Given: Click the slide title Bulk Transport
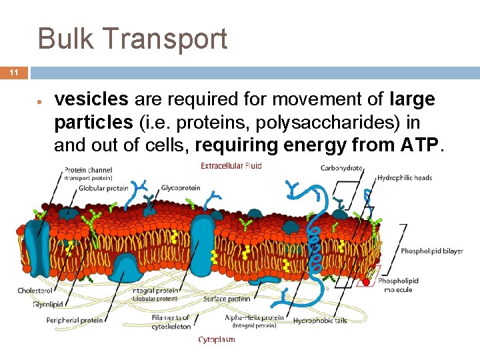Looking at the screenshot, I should click(133, 39).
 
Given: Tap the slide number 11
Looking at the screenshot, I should click(14, 73).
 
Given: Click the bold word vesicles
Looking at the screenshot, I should click(91, 100).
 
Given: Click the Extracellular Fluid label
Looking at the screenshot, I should click(231, 165).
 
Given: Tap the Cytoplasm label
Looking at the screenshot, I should click(217, 339).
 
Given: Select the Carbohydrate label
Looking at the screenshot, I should click(341, 168).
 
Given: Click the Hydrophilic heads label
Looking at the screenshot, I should click(405, 178).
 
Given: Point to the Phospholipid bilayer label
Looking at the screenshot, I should click(432, 251).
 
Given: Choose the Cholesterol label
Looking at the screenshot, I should click(34, 291).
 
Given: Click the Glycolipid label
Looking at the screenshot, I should click(48, 305).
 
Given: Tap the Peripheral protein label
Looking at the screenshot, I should click(75, 320).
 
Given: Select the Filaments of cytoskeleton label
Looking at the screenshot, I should click(171, 322).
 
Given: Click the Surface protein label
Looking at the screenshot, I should click(227, 299).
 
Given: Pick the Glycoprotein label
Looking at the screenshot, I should click(179, 188).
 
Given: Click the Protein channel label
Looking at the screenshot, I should click(88, 169).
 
